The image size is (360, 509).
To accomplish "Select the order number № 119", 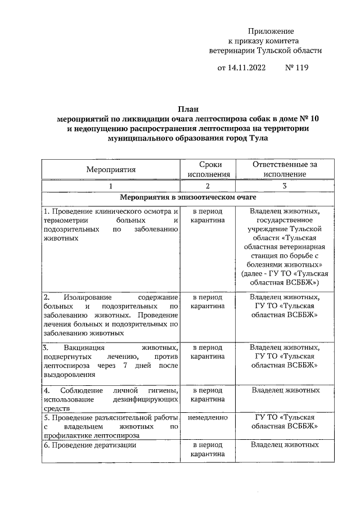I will click(x=297, y=68).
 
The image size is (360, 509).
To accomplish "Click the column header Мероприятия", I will click(x=111, y=169).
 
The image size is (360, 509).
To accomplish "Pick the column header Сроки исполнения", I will click(x=208, y=169).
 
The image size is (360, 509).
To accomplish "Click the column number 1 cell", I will click(x=111, y=186).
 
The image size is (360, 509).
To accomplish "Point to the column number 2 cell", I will click(x=208, y=186).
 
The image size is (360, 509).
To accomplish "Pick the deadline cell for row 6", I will click(x=208, y=449).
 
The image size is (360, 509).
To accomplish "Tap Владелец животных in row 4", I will click(x=285, y=390).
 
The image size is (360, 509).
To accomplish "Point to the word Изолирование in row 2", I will click(x=87, y=296).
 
